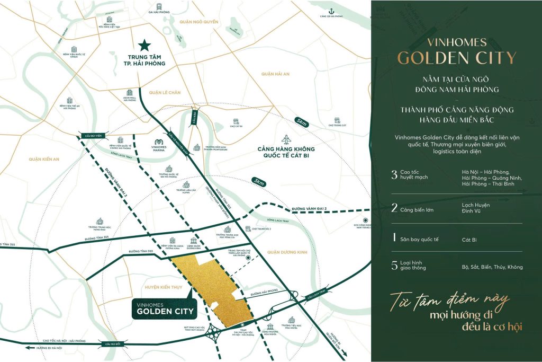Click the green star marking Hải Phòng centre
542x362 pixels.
tap(143, 45)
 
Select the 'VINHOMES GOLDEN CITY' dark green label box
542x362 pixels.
tap(162, 308)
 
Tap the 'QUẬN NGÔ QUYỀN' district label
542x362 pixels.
tap(198, 22)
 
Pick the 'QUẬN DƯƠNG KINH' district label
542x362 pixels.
tap(287, 252)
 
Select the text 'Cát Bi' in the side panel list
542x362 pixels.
tap(469, 240)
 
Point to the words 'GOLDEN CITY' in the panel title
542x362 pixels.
tap(456, 58)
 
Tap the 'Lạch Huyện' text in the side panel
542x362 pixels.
tap(476, 205)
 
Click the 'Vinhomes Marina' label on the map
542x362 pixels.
tap(159, 148)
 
